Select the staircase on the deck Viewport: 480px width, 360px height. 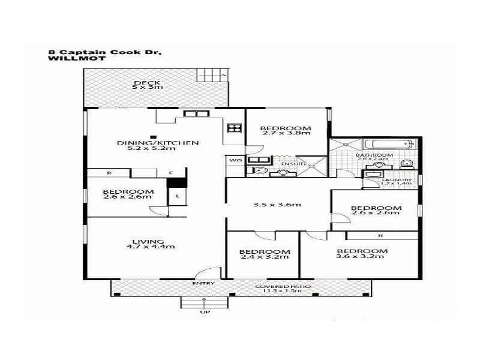click(212, 76)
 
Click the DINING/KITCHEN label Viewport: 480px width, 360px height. click(157, 143)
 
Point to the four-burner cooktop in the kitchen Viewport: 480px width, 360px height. click(234, 128)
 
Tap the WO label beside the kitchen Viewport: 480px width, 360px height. click(234, 160)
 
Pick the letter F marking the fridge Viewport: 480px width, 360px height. click(170, 173)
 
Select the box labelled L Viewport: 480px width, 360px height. click(178, 196)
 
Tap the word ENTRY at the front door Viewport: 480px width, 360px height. click(203, 283)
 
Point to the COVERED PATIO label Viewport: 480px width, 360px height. click(283, 286)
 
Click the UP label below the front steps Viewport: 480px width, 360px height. click(204, 312)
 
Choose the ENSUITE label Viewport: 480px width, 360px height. click(293, 163)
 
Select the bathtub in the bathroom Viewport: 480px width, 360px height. click(391, 144)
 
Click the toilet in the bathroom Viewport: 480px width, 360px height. click(406, 163)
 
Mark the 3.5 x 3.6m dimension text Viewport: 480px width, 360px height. click(276, 205)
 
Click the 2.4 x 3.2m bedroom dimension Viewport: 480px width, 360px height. click(264, 257)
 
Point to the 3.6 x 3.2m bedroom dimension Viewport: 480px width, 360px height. click(361, 257)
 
